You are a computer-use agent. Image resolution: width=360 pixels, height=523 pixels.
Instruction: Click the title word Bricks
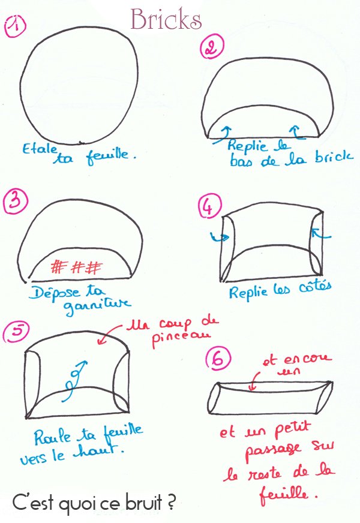[166, 19]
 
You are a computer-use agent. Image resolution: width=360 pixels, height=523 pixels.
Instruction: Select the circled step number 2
[212, 47]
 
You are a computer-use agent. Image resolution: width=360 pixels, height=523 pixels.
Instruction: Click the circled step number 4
[209, 206]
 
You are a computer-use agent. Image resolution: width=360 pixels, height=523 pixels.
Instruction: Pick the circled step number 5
[16, 332]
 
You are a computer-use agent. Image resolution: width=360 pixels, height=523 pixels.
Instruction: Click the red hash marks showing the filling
[77, 267]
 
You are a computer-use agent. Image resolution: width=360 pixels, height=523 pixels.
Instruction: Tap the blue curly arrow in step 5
[75, 380]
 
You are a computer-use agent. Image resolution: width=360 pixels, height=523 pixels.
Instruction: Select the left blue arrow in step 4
[220, 237]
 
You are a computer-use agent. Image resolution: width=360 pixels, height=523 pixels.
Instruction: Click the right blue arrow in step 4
[320, 234]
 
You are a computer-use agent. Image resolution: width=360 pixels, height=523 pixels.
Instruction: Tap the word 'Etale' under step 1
[40, 149]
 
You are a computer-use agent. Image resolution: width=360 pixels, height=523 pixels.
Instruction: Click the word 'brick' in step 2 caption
[334, 157]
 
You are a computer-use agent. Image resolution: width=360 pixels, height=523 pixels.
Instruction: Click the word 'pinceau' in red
[181, 338]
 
